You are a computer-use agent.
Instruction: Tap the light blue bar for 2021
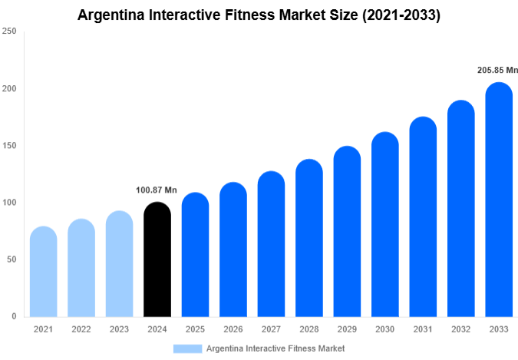point(43,272)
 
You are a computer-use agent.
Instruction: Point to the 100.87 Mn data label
point(157,190)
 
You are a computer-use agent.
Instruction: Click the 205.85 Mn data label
point(498,71)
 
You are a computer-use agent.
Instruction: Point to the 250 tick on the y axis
point(9,32)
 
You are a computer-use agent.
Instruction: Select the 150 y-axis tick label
point(9,146)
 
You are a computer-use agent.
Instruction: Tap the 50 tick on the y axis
point(12,259)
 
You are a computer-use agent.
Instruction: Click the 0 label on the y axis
point(14,316)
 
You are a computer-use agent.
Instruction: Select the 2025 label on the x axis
point(195,329)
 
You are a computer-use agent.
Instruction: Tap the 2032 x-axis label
point(460,329)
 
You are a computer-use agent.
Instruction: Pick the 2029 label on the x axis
point(347,329)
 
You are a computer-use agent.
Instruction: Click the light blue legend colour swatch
point(187,348)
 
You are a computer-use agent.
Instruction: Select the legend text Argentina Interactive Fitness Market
point(275,348)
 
